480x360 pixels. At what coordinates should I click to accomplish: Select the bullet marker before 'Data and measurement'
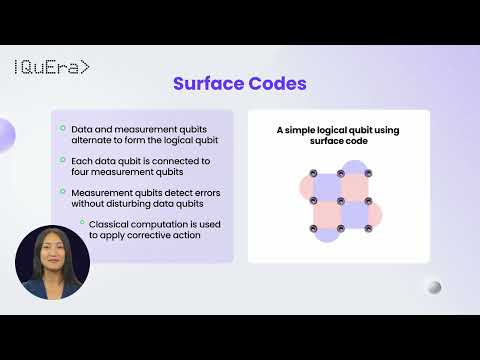point(62,128)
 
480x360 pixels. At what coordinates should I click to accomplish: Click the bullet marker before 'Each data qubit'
point(62,160)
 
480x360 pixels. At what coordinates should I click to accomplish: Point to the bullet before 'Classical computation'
point(81,222)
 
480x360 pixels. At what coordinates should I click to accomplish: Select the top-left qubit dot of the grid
point(313,173)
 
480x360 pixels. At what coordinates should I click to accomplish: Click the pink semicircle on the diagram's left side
point(303,186)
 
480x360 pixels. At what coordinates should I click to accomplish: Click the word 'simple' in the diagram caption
point(305,130)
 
